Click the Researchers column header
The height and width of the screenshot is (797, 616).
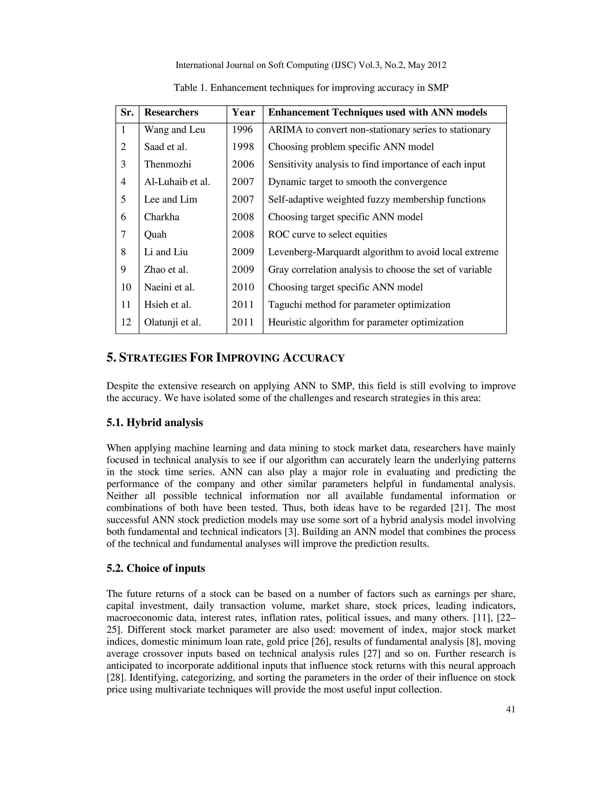click(171, 112)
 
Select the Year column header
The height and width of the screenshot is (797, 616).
click(243, 112)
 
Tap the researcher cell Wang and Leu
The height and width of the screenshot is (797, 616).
click(174, 130)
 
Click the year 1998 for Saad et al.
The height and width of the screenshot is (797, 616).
click(242, 147)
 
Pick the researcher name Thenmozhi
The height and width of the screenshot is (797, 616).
click(168, 164)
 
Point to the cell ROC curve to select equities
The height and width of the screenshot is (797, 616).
click(327, 234)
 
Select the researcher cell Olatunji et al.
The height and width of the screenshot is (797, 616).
click(172, 322)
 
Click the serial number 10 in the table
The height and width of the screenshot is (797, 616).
click(126, 287)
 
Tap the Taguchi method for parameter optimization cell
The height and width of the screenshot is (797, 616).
click(359, 305)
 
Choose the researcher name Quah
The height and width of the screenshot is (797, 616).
click(155, 234)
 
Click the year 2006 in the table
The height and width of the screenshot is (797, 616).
click(243, 164)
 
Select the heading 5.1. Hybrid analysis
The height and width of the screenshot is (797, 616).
click(155, 423)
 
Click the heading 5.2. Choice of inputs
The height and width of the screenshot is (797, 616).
click(156, 568)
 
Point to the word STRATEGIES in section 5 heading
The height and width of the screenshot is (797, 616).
click(153, 358)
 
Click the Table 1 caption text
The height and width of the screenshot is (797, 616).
click(311, 88)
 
